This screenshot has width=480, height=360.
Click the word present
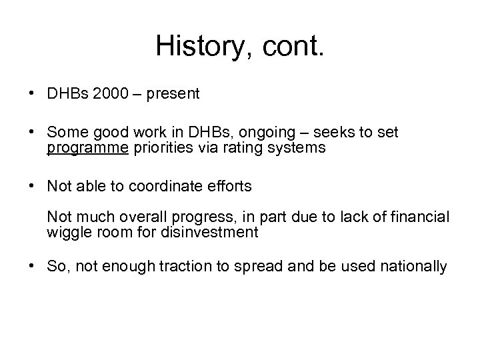(173, 94)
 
